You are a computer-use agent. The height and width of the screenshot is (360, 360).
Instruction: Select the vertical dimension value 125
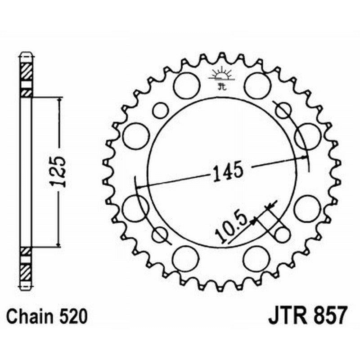[59, 171]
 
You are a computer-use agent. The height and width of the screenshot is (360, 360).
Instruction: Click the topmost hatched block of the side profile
[27, 71]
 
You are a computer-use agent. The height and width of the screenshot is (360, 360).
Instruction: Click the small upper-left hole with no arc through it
[160, 110]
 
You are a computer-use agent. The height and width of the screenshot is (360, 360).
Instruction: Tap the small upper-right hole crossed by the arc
[283, 110]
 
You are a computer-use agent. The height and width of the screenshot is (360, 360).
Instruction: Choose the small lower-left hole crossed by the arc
[159, 234]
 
